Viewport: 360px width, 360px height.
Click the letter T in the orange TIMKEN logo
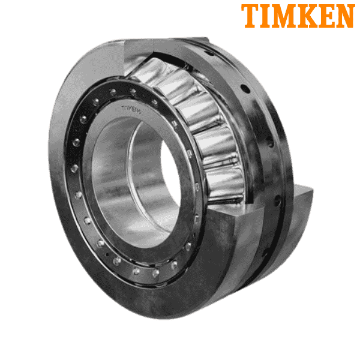coord(250,16)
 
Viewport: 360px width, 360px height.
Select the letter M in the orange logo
coord(287,16)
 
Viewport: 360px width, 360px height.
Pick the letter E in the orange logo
coord(327,16)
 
